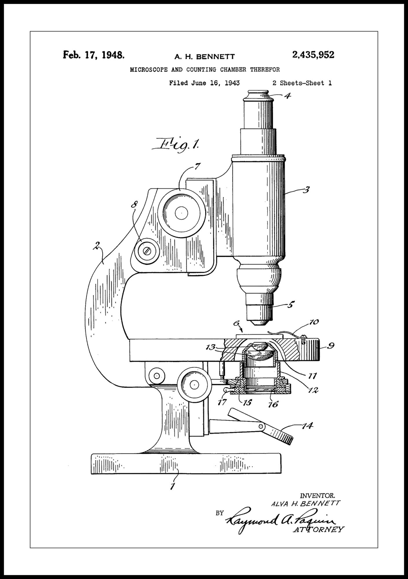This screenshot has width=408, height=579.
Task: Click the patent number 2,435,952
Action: pyautogui.click(x=313, y=55)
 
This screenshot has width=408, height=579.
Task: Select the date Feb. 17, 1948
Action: pyautogui.click(x=94, y=55)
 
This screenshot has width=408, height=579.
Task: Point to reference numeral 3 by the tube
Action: pyautogui.click(x=306, y=190)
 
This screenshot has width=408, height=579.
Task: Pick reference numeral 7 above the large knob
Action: pyautogui.click(x=197, y=167)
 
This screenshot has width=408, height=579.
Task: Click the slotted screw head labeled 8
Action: pyautogui.click(x=147, y=251)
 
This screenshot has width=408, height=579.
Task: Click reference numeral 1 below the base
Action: pyautogui.click(x=173, y=486)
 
